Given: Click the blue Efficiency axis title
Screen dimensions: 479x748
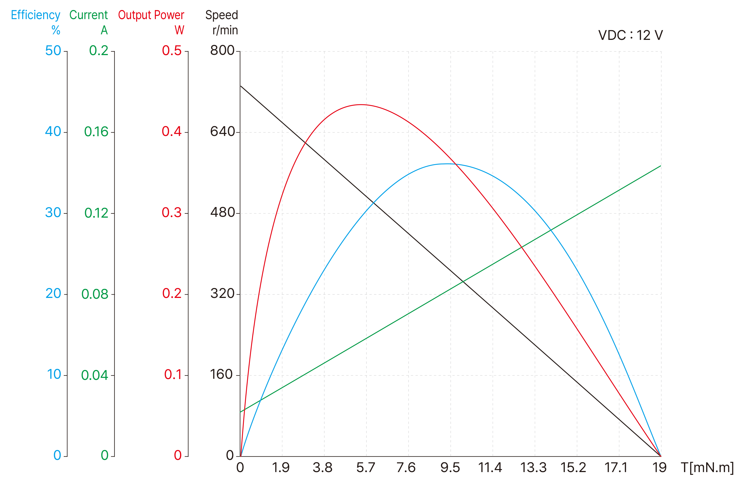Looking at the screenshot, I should [35, 15].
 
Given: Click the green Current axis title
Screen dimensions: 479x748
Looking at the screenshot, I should [88, 15].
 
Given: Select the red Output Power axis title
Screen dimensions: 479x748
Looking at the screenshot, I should [151, 15].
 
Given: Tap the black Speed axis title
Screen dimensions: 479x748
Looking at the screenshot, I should [222, 15].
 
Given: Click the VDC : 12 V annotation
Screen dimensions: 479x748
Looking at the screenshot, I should [630, 35].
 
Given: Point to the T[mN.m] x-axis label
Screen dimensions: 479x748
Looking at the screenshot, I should [707, 467].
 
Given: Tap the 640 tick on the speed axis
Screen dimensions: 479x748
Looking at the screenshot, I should [222, 132].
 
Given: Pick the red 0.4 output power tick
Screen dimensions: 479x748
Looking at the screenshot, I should [171, 132].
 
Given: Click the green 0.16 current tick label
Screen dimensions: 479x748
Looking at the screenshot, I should [96, 132].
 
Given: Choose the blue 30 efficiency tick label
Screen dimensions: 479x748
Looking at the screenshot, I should [53, 213].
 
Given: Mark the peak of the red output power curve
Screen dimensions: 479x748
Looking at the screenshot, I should [361, 104].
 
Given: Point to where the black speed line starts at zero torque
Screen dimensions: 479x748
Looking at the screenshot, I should [240, 86].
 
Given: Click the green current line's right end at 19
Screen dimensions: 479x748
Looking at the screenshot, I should [660, 166].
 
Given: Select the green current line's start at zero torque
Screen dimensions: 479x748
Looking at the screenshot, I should [240, 412].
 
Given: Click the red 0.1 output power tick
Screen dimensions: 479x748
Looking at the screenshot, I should [173, 375].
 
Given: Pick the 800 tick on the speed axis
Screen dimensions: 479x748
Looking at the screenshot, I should [222, 51].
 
